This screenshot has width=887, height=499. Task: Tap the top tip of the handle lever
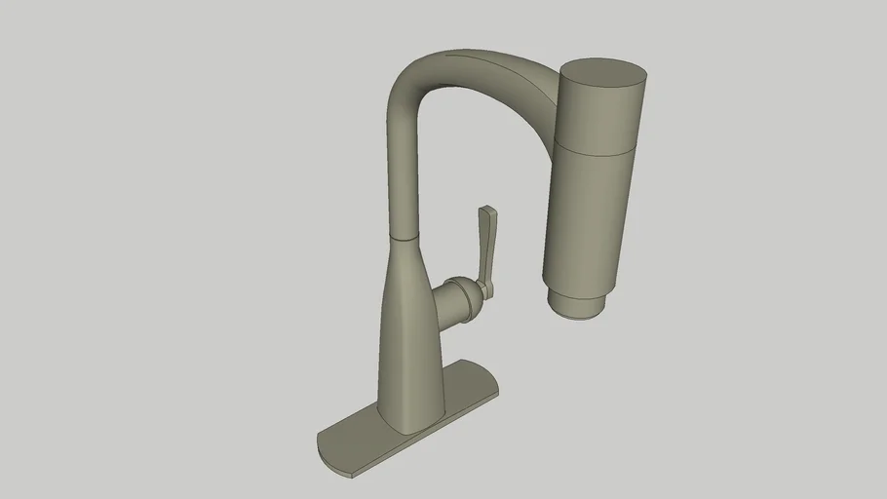[487, 210]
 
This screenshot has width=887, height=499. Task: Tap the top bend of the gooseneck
[419, 68]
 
